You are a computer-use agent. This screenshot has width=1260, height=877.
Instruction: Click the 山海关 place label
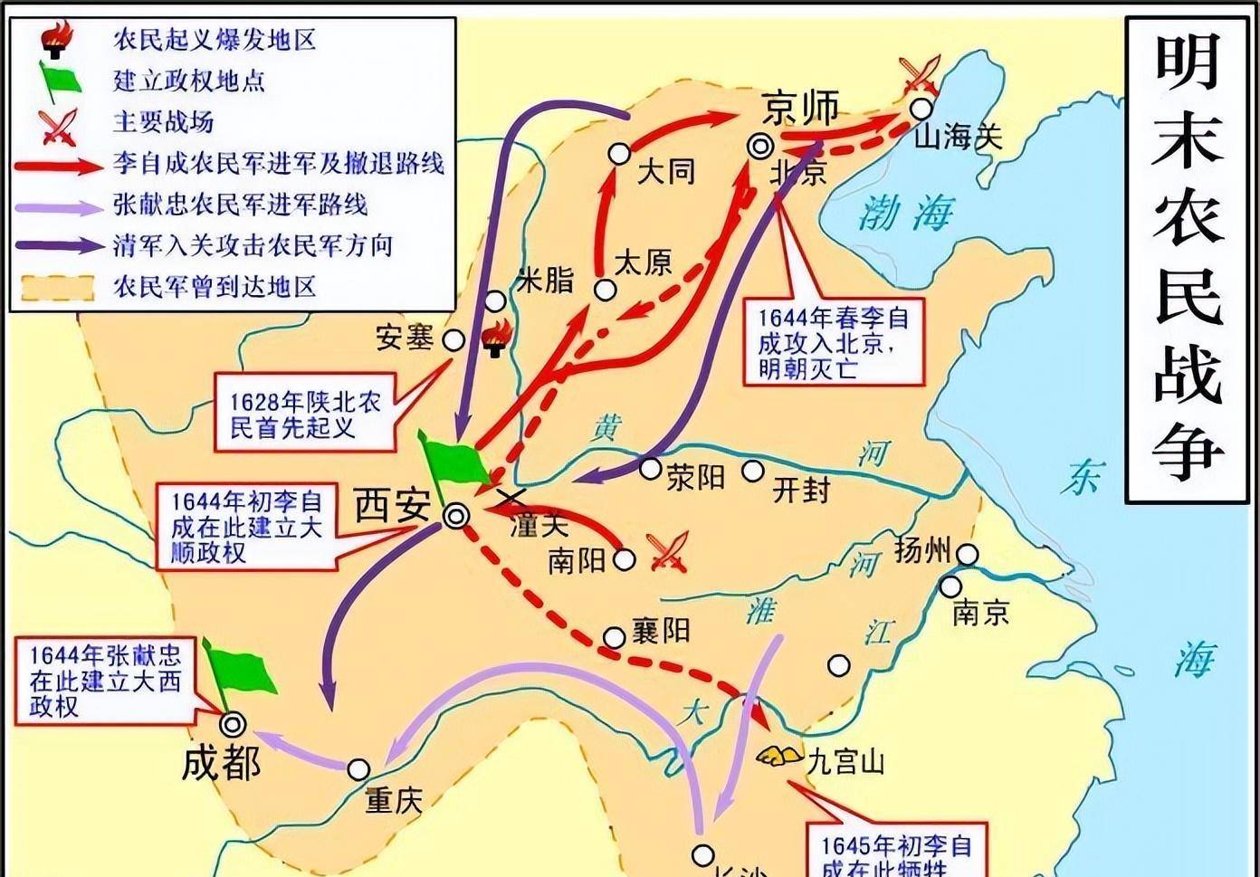959,138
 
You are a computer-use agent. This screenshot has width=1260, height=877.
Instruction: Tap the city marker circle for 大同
619,154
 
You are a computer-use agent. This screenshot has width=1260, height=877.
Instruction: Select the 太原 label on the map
644,263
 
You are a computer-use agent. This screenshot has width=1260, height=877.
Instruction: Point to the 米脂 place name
545,280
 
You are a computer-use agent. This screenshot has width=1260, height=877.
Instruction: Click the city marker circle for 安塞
453,340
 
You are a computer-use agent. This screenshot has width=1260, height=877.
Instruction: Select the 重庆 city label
394,800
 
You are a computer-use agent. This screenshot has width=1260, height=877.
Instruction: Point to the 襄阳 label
661,631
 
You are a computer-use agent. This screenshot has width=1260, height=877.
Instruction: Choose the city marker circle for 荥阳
650,468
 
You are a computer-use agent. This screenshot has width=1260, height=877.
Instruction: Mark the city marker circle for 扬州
969,555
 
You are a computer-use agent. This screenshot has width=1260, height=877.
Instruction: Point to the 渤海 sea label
905,214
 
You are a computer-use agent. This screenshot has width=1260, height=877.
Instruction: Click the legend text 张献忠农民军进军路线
240,205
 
